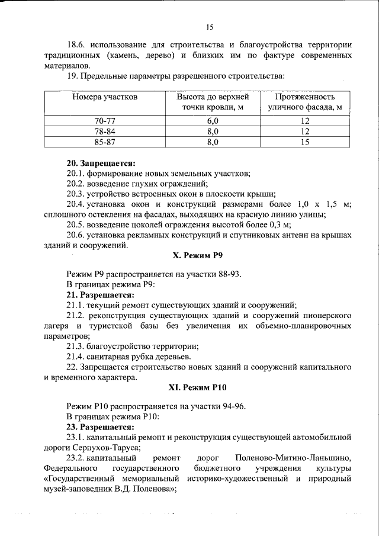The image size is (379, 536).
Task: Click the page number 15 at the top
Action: coord(210,26)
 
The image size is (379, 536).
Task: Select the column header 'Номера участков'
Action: coord(105,97)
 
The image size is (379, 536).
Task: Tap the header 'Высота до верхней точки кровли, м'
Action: coord(213,102)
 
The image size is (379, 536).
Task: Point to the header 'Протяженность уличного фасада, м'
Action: coord(305,102)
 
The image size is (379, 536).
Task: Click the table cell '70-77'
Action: coord(105,120)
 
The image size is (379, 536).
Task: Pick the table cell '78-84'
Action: coord(105,131)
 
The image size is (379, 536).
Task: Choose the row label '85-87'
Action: coord(105,142)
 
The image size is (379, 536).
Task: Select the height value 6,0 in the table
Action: coord(213,120)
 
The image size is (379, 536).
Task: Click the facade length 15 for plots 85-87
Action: coord(305,142)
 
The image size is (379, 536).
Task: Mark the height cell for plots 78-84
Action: coord(213,131)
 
